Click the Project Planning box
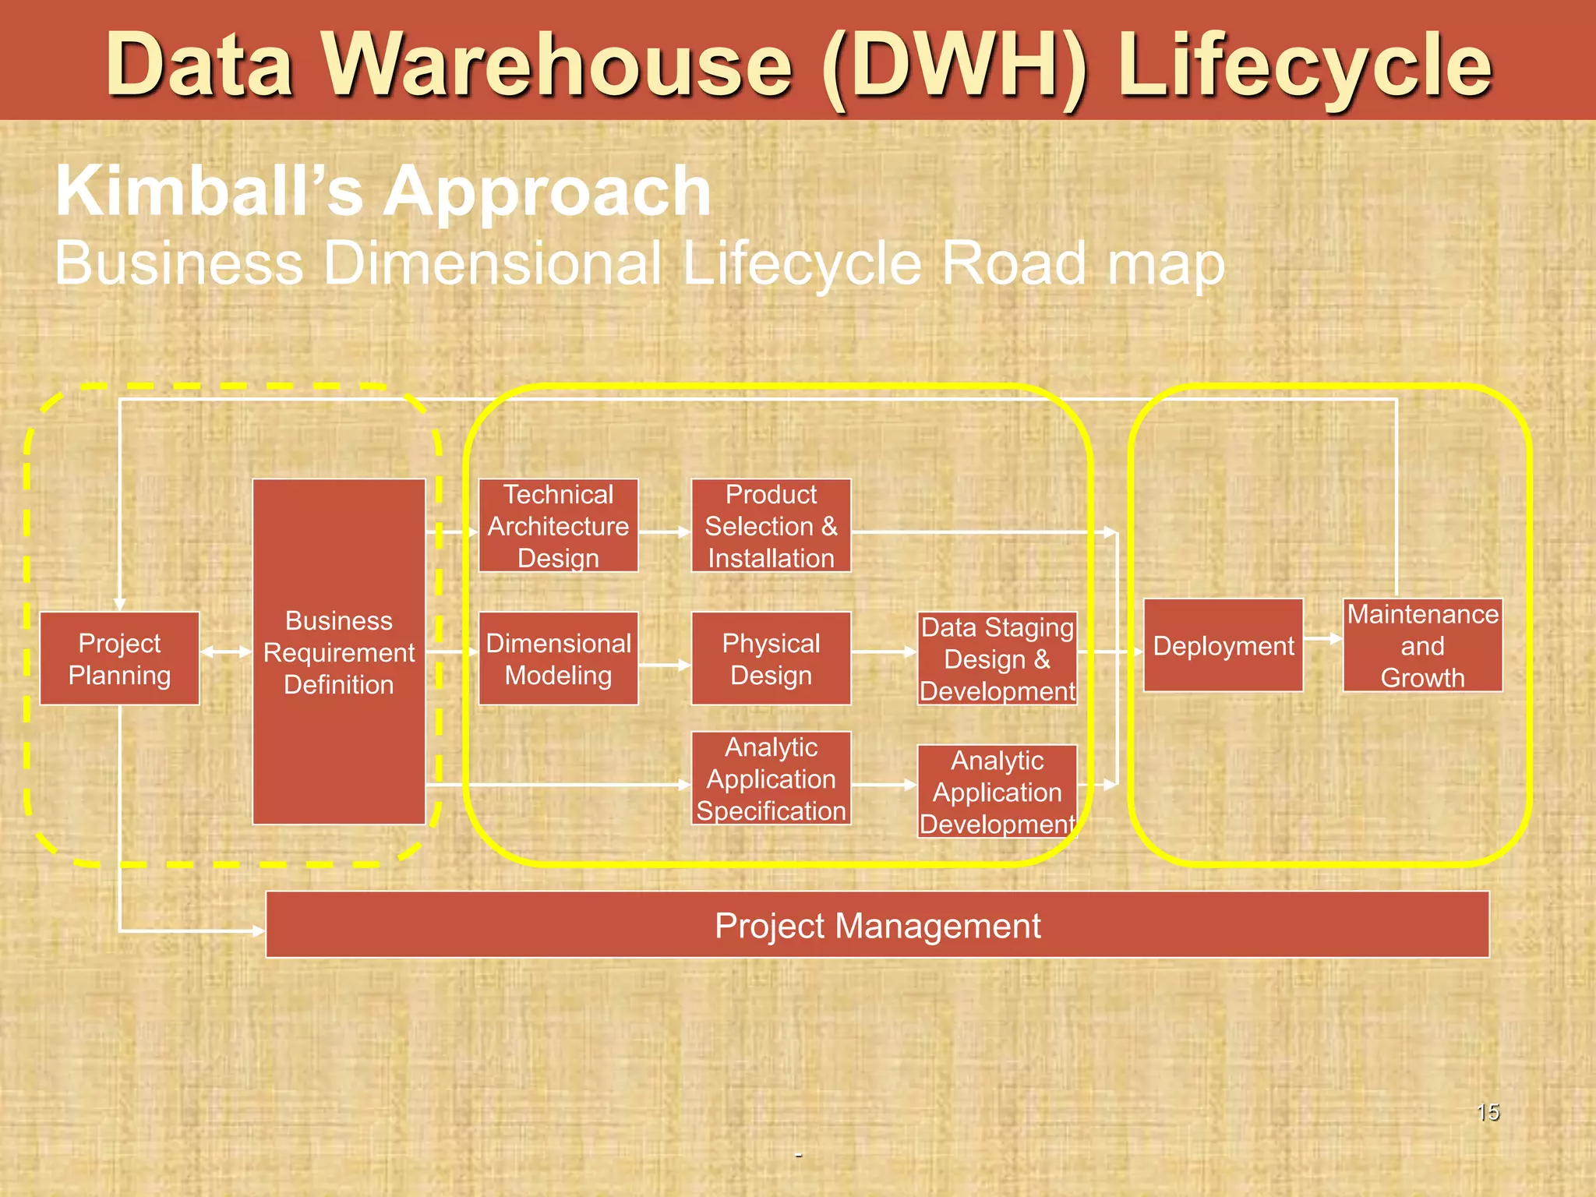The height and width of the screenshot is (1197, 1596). pos(119,659)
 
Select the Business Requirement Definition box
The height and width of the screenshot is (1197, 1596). pos(339,651)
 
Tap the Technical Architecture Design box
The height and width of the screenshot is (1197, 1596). pos(558,526)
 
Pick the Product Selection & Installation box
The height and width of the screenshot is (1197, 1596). pos(771,526)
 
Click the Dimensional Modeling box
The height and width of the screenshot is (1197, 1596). pos(558,659)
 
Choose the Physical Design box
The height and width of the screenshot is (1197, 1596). pos(771,659)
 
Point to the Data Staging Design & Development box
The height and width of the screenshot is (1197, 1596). pos(997,659)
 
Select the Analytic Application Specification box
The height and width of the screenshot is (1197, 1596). pos(771,778)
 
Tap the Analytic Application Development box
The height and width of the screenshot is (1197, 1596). pos(997,791)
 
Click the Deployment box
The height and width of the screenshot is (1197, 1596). pos(1223,645)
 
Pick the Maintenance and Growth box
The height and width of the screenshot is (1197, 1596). pos(1422,645)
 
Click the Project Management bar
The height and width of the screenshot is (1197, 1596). pos(877,925)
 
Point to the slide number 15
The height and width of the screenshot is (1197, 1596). pos(1488,1112)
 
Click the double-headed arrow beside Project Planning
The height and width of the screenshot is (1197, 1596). pos(226,651)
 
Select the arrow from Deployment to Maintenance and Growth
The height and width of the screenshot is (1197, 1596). pos(1322,639)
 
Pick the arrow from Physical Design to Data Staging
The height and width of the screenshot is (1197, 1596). pos(884,651)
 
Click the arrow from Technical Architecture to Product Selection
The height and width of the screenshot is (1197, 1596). pos(664,532)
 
